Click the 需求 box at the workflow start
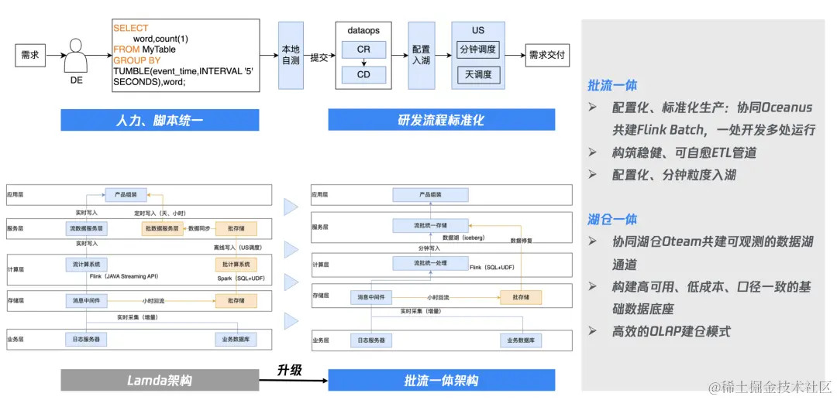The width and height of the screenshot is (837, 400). point(30,56)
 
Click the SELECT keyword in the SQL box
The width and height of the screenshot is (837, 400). point(130,28)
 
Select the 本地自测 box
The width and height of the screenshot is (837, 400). point(291,56)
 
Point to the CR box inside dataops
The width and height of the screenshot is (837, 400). point(363,50)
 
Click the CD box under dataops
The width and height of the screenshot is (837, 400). point(363,75)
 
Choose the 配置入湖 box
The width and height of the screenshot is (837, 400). point(421,56)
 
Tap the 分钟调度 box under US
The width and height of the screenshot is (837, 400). point(478,50)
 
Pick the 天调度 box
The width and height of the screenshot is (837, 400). point(478,75)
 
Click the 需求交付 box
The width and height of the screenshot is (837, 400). point(547,56)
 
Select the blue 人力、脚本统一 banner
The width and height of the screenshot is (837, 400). point(160,120)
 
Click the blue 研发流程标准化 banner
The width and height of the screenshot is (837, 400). point(441,120)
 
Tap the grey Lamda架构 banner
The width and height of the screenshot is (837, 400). point(160,380)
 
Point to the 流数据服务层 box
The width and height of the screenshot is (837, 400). point(86,229)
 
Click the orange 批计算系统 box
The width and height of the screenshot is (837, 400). point(236,265)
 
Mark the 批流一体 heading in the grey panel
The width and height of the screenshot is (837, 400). point(612,86)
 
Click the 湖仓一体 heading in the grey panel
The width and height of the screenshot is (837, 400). point(612,220)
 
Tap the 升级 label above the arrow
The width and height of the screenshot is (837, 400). point(288,371)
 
